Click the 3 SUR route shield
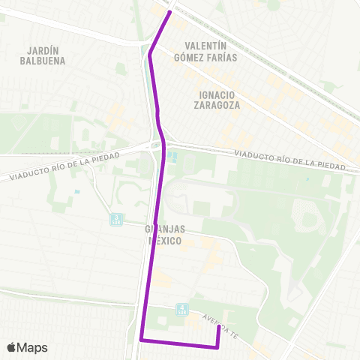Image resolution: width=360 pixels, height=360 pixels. coord(115,219)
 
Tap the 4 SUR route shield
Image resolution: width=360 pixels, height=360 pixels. coord(181,308)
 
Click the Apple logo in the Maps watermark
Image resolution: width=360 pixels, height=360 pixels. coord(12,347)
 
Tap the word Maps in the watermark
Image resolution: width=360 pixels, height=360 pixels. coord(33,347)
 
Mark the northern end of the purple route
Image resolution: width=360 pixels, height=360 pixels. coord(170,11)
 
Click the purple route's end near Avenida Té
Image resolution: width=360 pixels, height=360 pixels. coord(218,325)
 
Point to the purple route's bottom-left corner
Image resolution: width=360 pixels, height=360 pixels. coord(141,340)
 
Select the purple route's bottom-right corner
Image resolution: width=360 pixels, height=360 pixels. coord(217,347)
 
